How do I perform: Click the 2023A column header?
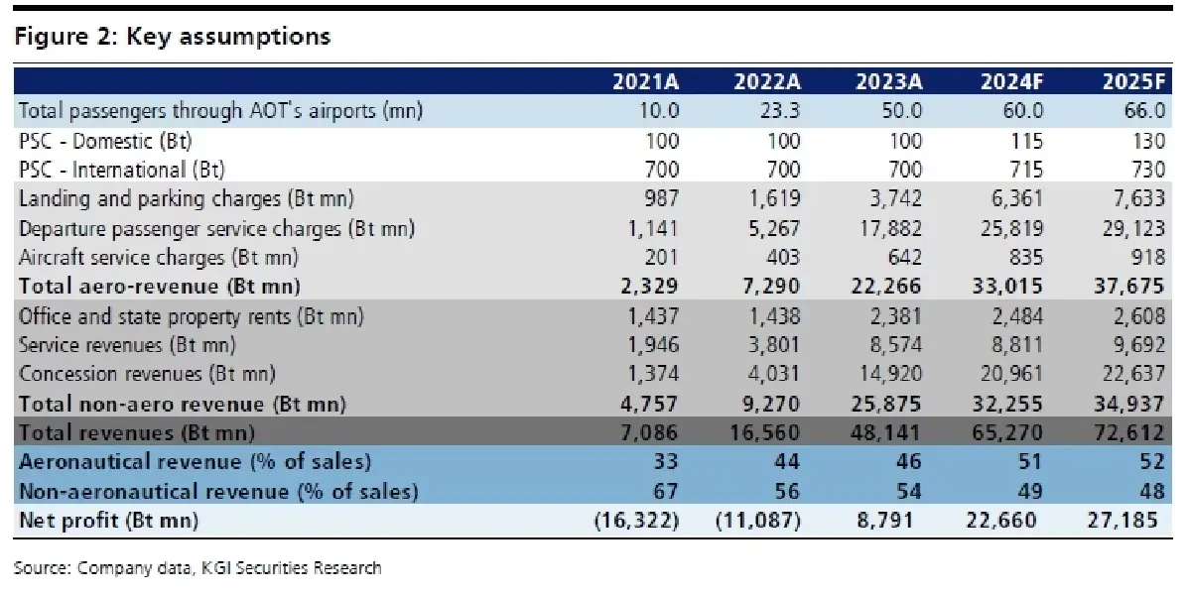890,81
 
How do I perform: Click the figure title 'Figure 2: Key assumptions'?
172,38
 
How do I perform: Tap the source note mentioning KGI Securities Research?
198,568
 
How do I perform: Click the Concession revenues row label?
147,375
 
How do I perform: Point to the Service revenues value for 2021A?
653,346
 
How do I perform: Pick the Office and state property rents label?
192,316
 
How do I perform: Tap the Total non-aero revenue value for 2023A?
886,404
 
